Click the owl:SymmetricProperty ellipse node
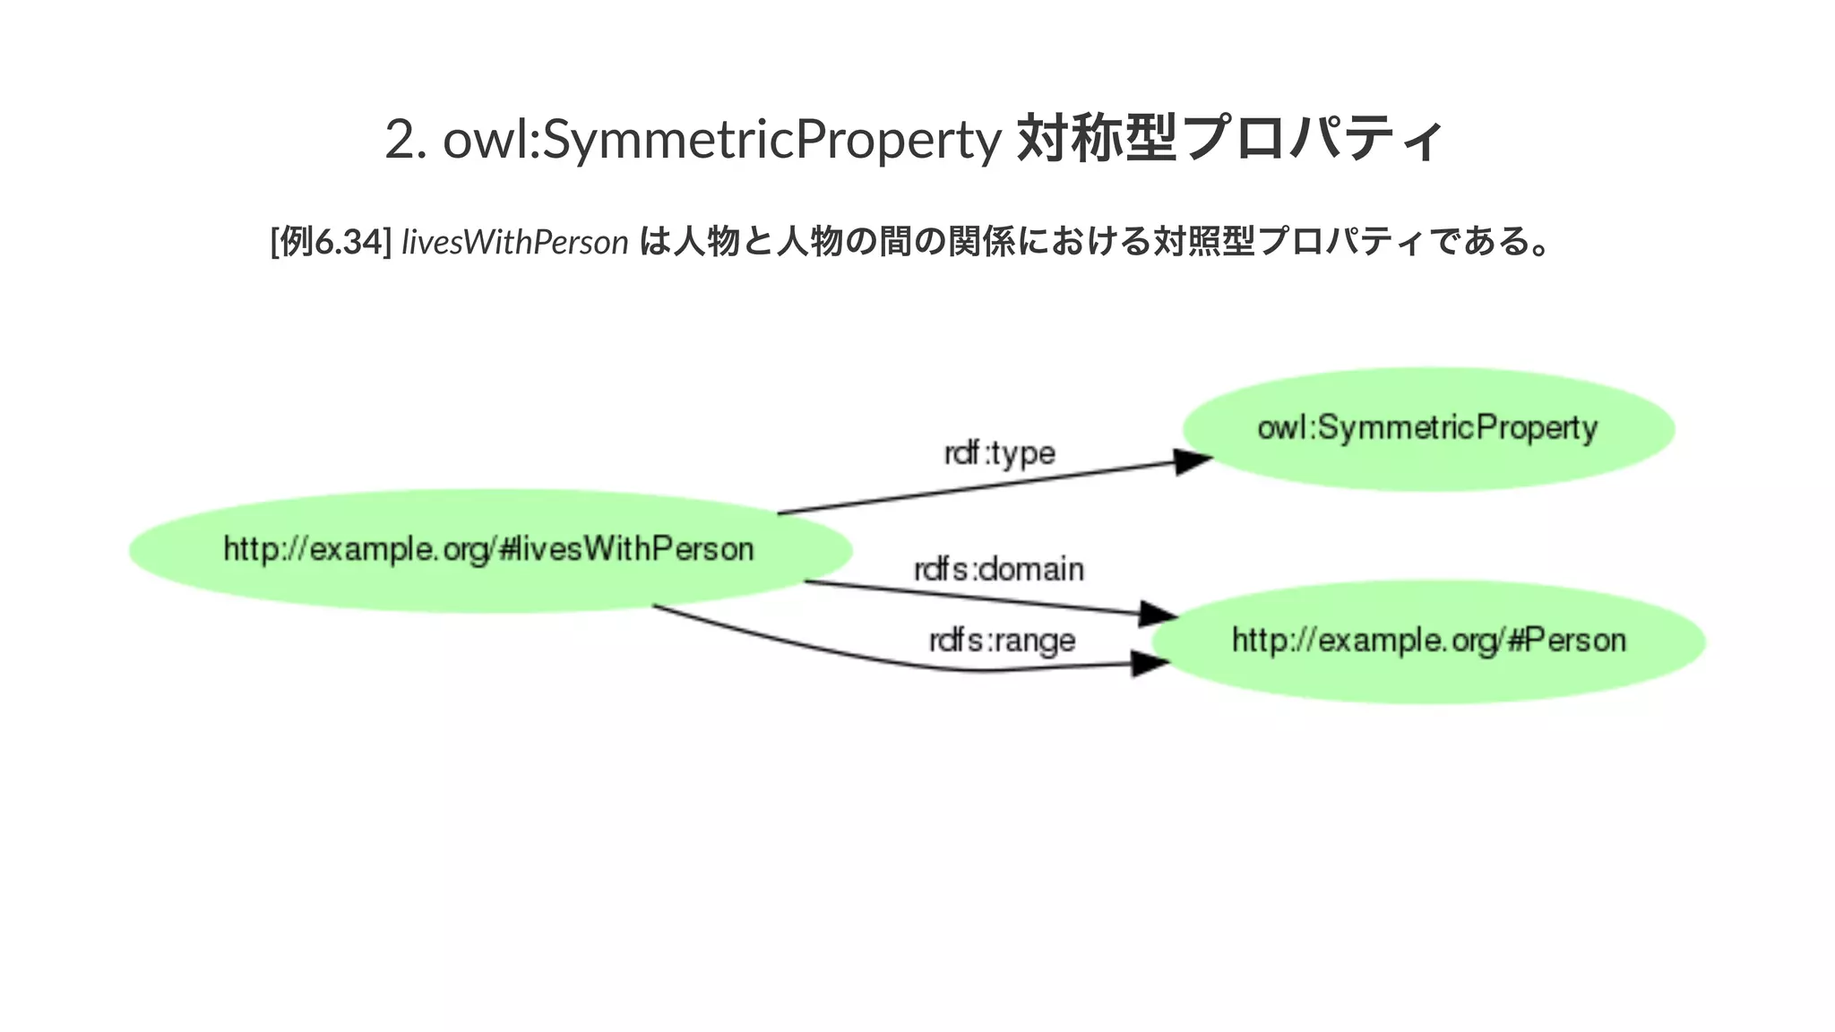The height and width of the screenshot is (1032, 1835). (1428, 428)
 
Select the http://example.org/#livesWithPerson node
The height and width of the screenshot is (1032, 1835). (489, 550)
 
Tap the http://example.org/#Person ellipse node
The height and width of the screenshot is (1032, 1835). (1428, 641)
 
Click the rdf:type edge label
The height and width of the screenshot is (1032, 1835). (1000, 453)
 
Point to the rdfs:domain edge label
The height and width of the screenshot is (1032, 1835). (999, 570)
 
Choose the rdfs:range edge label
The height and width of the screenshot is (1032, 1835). (1002, 641)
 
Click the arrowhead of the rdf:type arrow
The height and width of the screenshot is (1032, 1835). (1193, 462)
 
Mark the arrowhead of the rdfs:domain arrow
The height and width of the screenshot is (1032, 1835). (1158, 615)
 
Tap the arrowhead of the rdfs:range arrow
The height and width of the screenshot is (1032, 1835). (1150, 664)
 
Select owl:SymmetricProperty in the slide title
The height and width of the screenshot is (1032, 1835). (721, 140)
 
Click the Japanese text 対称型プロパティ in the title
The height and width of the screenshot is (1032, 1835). (1230, 139)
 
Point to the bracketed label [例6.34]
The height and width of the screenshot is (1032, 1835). (331, 242)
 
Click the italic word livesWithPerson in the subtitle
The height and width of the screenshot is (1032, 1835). (515, 242)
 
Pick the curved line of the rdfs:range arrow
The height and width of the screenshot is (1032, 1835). (806, 645)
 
